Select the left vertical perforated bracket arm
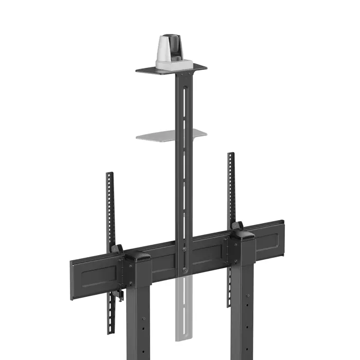coord(109,206)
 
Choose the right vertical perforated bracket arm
coord(230,185)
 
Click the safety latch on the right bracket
coord(237,226)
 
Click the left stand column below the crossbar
coord(136,319)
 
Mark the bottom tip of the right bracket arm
coord(228,305)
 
